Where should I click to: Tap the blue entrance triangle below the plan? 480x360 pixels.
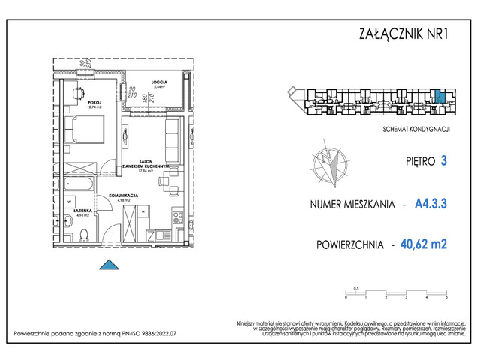(x=109, y=263)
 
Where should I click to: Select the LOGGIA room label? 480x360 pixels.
(x=157, y=82)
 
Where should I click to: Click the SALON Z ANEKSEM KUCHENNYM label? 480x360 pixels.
(x=152, y=166)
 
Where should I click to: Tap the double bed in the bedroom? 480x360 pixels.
(x=80, y=132)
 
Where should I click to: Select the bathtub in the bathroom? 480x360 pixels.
(x=79, y=183)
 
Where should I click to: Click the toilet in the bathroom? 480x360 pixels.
(x=85, y=233)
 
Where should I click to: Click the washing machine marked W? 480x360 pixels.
(x=69, y=202)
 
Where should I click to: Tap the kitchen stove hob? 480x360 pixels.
(x=178, y=219)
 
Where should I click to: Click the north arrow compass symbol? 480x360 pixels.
(x=330, y=165)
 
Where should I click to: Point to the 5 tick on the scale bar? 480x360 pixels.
(x=446, y=297)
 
